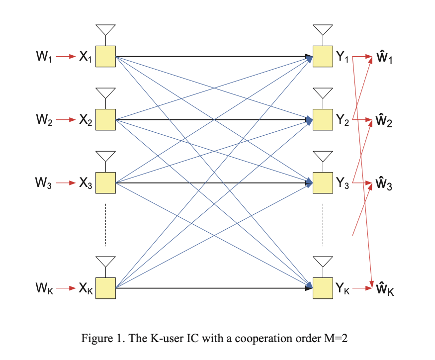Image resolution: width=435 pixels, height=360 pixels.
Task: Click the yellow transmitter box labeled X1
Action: click(x=105, y=56)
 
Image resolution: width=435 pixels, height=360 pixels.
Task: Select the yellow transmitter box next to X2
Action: click(x=105, y=120)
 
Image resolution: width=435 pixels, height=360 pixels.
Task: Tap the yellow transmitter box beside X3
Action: click(x=105, y=183)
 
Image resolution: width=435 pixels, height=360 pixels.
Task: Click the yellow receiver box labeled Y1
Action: click(x=323, y=56)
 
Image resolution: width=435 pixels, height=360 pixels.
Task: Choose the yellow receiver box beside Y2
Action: click(x=323, y=120)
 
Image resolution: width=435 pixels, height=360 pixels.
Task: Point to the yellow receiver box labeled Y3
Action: click(x=323, y=183)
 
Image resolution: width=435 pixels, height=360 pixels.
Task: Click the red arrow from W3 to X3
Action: click(x=65, y=183)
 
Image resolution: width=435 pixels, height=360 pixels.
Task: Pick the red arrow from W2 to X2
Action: click(x=65, y=120)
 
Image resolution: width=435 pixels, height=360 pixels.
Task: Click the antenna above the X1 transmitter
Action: click(x=105, y=30)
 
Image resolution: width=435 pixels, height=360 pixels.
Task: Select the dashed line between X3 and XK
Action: click(x=105, y=223)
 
